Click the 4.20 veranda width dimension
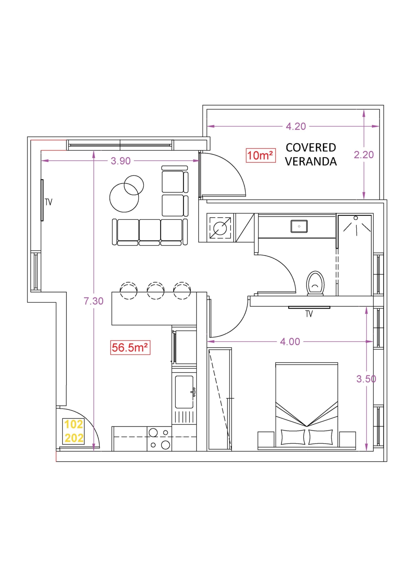pos(296,127)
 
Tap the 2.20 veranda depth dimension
pos(364,155)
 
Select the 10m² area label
pos(261,156)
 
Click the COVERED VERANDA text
pos(311,154)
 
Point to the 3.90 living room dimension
pos(120,161)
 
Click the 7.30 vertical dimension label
pos(94,301)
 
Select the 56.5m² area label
pos(130,348)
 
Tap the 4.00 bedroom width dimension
pos(290,342)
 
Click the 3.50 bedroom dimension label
pos(366,379)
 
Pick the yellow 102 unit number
pos(74,424)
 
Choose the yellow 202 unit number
pos(74,438)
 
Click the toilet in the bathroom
pos(315,283)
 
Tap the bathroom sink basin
pos(299,226)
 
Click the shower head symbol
pos(356,218)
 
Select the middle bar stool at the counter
pos(156,291)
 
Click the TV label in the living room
pos(49,202)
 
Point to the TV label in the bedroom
pos(309,314)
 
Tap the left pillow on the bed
pos(293,437)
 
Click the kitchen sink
pos(184,392)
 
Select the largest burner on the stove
pos(165,445)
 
